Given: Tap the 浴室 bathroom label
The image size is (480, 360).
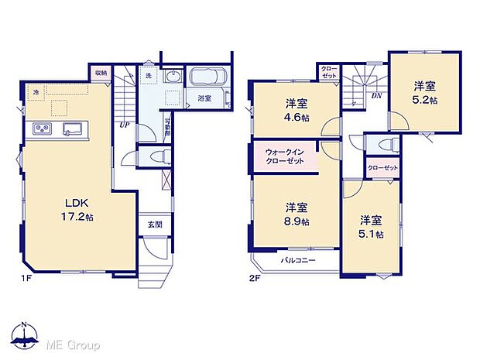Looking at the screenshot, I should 204,98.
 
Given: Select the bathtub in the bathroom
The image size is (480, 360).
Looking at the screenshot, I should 206,79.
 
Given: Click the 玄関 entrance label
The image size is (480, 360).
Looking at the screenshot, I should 154,225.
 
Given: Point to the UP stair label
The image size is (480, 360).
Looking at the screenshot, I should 124,124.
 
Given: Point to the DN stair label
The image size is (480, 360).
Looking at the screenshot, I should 376,95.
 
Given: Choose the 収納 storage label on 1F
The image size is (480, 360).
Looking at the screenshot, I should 101,73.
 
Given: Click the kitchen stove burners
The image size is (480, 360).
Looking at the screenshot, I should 41,129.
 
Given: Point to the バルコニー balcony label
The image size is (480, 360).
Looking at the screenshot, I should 298,261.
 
